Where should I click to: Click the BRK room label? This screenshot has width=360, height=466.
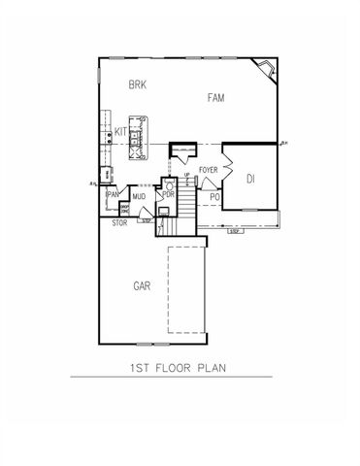click(137, 85)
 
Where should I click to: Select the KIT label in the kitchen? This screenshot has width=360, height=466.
click(121, 130)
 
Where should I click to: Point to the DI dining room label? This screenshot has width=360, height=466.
click(250, 178)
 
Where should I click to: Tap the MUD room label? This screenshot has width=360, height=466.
click(139, 196)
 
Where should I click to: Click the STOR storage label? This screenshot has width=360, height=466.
click(119, 223)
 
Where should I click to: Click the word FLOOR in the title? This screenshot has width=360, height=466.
click(180, 368)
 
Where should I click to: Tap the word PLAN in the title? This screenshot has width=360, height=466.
click(223, 368)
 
